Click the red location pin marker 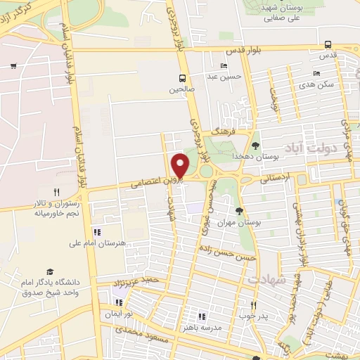click(181, 165)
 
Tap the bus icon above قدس click(329, 43)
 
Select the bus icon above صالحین click(182, 78)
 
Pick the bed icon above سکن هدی click(316, 72)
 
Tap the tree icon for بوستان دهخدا click(255, 144)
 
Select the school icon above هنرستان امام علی click(97, 232)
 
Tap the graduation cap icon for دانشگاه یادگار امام click(50, 271)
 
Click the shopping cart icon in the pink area click(13, 66)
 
